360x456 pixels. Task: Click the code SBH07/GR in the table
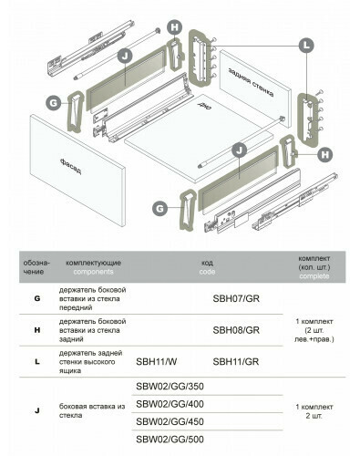236,298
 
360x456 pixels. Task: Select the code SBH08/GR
236,330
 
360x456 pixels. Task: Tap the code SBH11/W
156,362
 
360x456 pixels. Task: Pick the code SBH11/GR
236,362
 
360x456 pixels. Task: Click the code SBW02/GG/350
170,387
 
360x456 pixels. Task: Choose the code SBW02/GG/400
170,404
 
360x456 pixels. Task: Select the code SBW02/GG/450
170,421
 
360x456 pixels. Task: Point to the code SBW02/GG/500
170,440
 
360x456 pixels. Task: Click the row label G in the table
37,298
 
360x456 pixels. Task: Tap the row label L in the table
37,362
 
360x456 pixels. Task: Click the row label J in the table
37,410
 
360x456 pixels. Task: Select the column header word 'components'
93,272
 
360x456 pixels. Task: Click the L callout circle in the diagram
306,46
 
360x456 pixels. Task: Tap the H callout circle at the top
175,27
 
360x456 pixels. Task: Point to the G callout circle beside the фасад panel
54,103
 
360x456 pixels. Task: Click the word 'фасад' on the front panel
70,166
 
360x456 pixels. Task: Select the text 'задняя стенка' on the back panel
251,81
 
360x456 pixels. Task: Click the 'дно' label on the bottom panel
205,106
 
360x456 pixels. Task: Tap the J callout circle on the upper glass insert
125,56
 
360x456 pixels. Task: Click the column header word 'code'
207,272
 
